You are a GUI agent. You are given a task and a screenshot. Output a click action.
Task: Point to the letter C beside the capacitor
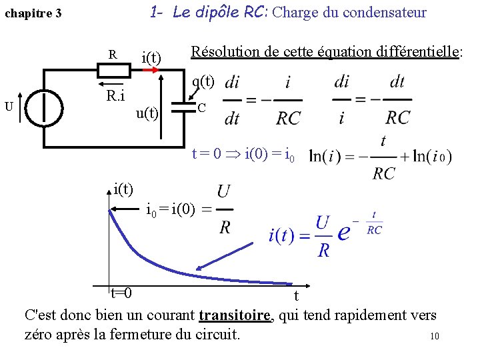tap(201, 107)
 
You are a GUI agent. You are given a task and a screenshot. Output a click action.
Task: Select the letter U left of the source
tap(9, 105)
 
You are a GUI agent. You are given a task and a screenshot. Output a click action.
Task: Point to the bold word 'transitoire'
tap(235, 315)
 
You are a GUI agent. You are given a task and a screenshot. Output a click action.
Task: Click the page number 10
tap(435, 337)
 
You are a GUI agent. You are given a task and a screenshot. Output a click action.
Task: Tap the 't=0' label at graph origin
tap(121, 294)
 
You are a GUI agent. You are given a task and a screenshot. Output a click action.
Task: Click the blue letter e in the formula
tap(344, 234)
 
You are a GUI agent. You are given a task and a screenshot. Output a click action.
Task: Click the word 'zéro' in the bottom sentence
tap(41, 334)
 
